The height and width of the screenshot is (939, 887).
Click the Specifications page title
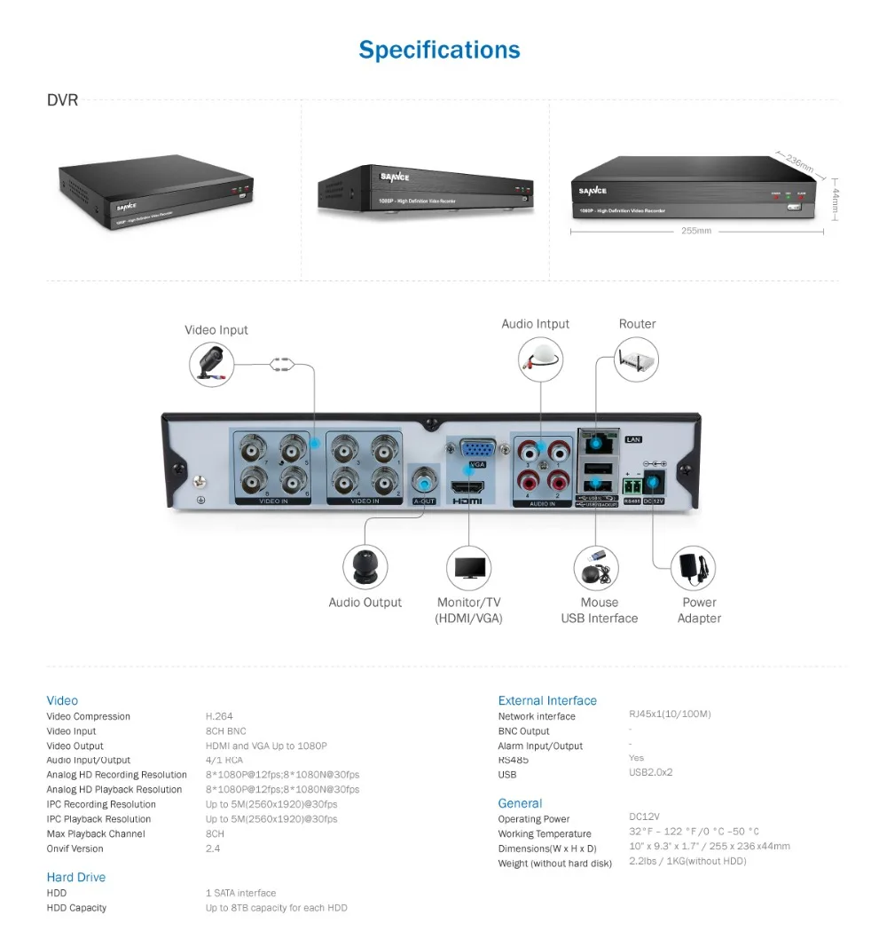point(439,50)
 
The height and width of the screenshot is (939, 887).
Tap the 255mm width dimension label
point(696,232)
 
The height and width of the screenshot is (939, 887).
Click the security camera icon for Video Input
point(212,362)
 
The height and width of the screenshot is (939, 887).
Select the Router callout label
point(637,324)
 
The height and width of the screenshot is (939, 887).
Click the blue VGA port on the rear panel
point(478,448)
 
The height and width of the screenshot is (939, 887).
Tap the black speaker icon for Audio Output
point(365,566)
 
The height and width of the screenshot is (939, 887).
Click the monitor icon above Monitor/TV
point(469,567)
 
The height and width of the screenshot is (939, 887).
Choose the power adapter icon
point(694,567)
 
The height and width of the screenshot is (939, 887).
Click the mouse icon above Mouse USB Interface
point(595,566)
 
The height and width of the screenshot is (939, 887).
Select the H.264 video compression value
point(219,716)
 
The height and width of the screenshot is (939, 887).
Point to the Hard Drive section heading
point(76,877)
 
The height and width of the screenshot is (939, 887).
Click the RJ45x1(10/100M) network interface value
point(670,714)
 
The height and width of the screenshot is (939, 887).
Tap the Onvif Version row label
point(75,848)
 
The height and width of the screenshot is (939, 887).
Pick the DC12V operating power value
point(644,817)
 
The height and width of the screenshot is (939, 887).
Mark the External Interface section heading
point(547,700)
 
